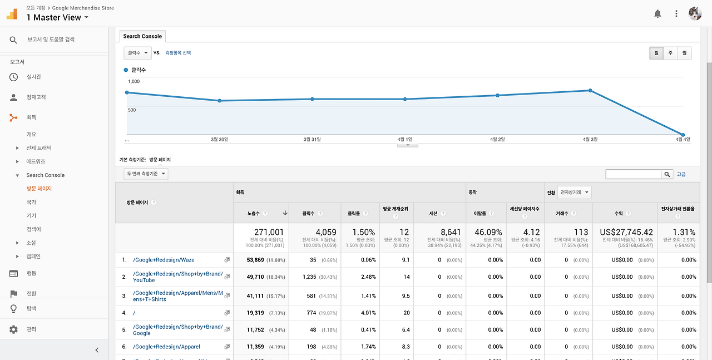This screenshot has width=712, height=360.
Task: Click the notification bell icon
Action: [x=657, y=14]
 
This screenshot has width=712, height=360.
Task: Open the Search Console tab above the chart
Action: [x=142, y=36]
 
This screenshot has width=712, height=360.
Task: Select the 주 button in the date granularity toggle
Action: [x=670, y=53]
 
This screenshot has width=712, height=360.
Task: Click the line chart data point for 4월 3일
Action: [x=590, y=90]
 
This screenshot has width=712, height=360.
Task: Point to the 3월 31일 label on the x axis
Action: [x=312, y=140]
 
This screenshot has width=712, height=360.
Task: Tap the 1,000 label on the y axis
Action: [x=134, y=82]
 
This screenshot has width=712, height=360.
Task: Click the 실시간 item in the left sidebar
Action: [x=33, y=77]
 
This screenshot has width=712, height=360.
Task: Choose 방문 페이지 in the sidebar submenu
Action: [x=39, y=189]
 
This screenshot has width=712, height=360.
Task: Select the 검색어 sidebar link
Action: [x=33, y=229]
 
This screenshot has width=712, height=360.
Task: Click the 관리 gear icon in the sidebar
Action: [x=13, y=329]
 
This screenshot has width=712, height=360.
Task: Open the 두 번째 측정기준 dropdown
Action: [x=146, y=174]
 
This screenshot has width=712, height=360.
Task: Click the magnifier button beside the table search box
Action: [x=667, y=174]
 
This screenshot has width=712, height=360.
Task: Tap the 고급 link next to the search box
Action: [x=681, y=174]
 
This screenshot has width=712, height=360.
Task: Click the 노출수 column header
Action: [x=254, y=213]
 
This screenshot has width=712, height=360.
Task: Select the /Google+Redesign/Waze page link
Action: [x=164, y=260]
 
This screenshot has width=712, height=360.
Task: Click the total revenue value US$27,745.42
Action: [x=626, y=232]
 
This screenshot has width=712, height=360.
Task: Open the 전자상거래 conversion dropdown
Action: [x=575, y=192]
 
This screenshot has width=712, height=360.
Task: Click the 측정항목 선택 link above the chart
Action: [x=178, y=53]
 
